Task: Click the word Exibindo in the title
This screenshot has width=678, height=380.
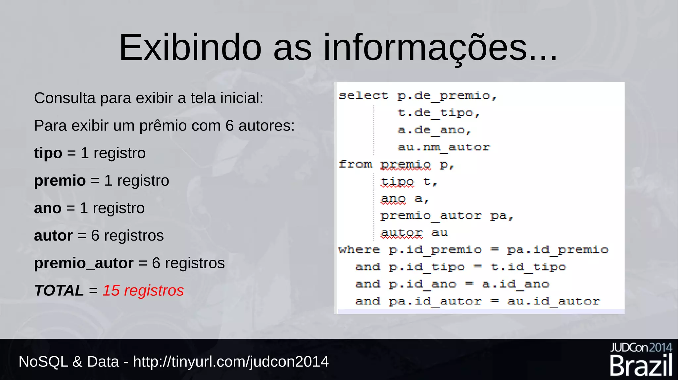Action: [190, 48]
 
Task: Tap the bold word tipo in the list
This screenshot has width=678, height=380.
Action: [48, 153]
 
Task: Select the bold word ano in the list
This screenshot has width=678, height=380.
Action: [48, 208]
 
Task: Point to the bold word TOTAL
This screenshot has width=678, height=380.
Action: [59, 291]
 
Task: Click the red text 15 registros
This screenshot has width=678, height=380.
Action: [143, 291]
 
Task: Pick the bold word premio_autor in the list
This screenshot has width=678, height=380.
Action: [84, 263]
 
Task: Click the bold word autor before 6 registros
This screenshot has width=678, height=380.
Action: [53, 236]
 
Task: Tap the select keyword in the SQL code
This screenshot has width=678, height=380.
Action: [363, 96]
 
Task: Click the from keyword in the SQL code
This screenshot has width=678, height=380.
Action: [355, 164]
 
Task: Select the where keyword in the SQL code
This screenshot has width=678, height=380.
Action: [359, 250]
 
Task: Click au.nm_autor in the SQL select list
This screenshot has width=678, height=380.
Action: [444, 147]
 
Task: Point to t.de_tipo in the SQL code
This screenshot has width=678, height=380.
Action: [439, 113]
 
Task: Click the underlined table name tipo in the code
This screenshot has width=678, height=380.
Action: [397, 181]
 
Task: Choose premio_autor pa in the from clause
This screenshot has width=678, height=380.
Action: [447, 216]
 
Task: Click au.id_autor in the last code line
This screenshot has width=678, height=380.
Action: [554, 301]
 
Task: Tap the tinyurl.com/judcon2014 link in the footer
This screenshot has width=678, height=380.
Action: [231, 361]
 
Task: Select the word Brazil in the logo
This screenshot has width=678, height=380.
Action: [641, 366]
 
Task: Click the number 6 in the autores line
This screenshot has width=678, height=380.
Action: [229, 126]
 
